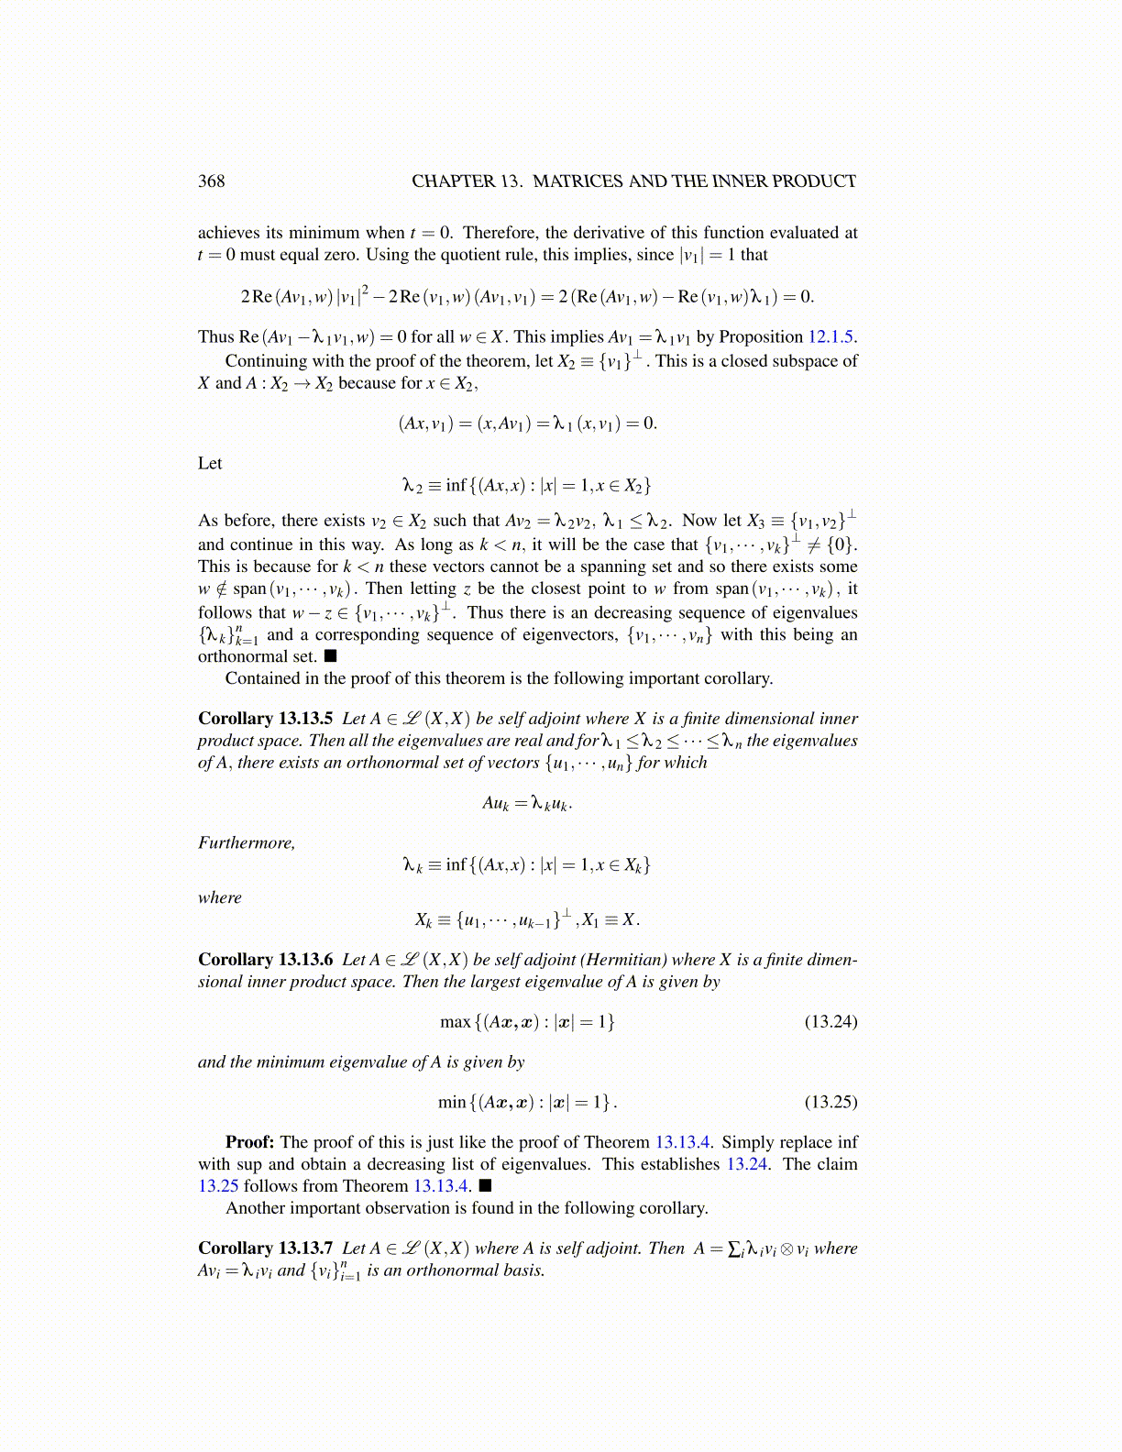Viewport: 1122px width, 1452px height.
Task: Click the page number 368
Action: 211,181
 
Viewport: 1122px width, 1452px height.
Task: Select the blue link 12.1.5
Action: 831,336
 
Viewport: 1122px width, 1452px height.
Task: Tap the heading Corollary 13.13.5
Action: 265,719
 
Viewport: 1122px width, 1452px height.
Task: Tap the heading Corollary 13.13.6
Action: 265,960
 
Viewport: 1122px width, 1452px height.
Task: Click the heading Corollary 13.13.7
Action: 265,1248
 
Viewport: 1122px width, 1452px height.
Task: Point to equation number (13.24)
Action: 830,1021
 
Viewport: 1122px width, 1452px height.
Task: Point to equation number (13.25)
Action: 830,1102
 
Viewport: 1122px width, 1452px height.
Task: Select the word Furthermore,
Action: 247,843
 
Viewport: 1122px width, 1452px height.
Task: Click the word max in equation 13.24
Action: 455,1021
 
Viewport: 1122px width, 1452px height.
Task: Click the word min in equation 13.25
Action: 452,1102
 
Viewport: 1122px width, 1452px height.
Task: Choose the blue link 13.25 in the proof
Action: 218,1186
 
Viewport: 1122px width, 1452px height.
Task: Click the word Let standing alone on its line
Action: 210,464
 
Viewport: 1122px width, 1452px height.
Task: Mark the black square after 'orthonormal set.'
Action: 331,656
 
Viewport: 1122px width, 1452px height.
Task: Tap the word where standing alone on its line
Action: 220,898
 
